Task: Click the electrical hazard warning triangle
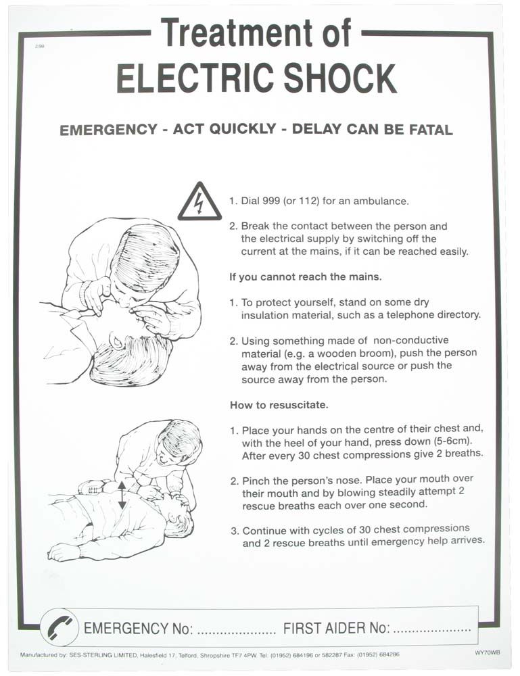[199, 203]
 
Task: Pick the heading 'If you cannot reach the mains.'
[305, 276]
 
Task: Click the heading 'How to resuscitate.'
[279, 405]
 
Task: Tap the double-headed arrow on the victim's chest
[122, 495]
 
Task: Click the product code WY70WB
[488, 653]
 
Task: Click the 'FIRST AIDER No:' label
[336, 628]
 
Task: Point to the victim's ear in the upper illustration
[116, 341]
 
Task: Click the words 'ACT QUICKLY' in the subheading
[224, 129]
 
